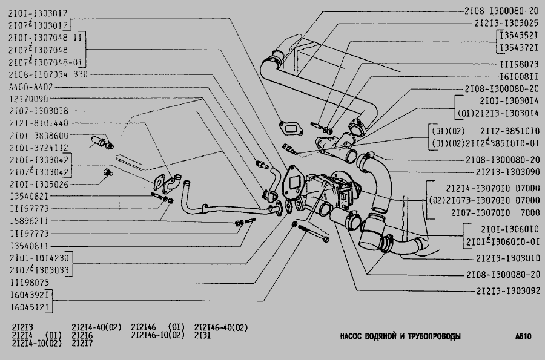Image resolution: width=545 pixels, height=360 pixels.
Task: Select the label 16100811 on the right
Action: coord(518,77)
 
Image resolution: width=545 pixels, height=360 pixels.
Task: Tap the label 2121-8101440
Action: coord(39,123)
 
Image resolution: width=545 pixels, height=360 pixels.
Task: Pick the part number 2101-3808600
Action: coord(39,136)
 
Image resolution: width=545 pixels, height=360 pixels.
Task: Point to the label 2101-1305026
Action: coord(39,184)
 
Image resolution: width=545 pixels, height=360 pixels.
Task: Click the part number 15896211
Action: coord(29,221)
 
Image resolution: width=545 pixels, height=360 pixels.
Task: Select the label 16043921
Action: coord(29,295)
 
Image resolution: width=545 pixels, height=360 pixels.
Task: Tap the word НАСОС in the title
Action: coord(352,336)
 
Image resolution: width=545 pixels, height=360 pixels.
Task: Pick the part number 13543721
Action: coord(518,47)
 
